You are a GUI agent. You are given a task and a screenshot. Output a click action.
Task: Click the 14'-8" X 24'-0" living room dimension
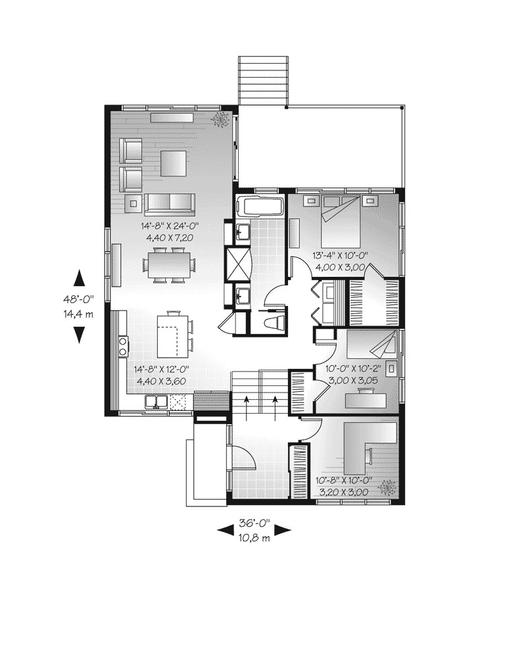tap(169, 226)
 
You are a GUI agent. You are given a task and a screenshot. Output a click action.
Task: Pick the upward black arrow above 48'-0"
tap(78, 278)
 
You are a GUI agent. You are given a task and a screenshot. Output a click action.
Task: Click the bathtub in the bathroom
tap(261, 206)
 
